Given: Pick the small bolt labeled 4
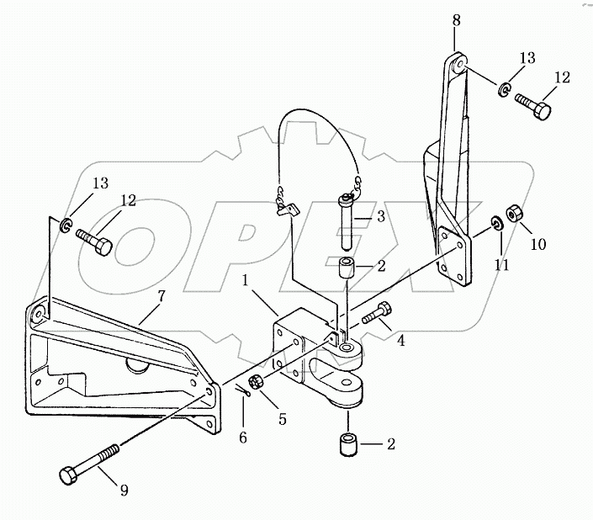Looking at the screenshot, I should coord(376,314).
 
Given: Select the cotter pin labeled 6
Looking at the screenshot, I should coord(241,390).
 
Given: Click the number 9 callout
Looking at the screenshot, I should coord(124,491).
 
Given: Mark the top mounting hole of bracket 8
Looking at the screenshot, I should coord(458,62).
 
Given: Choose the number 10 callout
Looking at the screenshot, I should coord(537,244).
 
